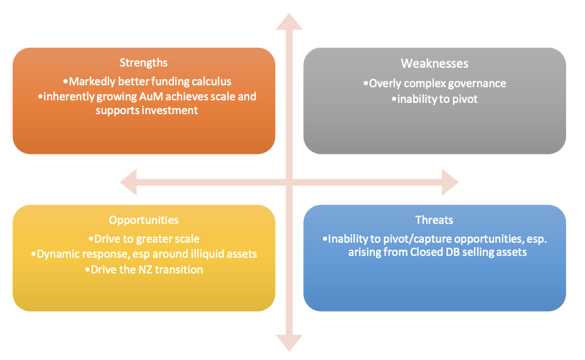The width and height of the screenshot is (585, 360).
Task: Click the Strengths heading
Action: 144,63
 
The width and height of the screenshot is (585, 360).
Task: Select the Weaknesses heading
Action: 434,63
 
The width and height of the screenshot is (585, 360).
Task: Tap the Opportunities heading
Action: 144,220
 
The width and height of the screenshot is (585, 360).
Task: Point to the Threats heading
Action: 434,220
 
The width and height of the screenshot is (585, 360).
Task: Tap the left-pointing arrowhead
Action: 128,182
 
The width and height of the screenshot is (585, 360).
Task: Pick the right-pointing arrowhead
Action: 450,182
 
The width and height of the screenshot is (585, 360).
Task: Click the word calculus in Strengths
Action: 210,82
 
